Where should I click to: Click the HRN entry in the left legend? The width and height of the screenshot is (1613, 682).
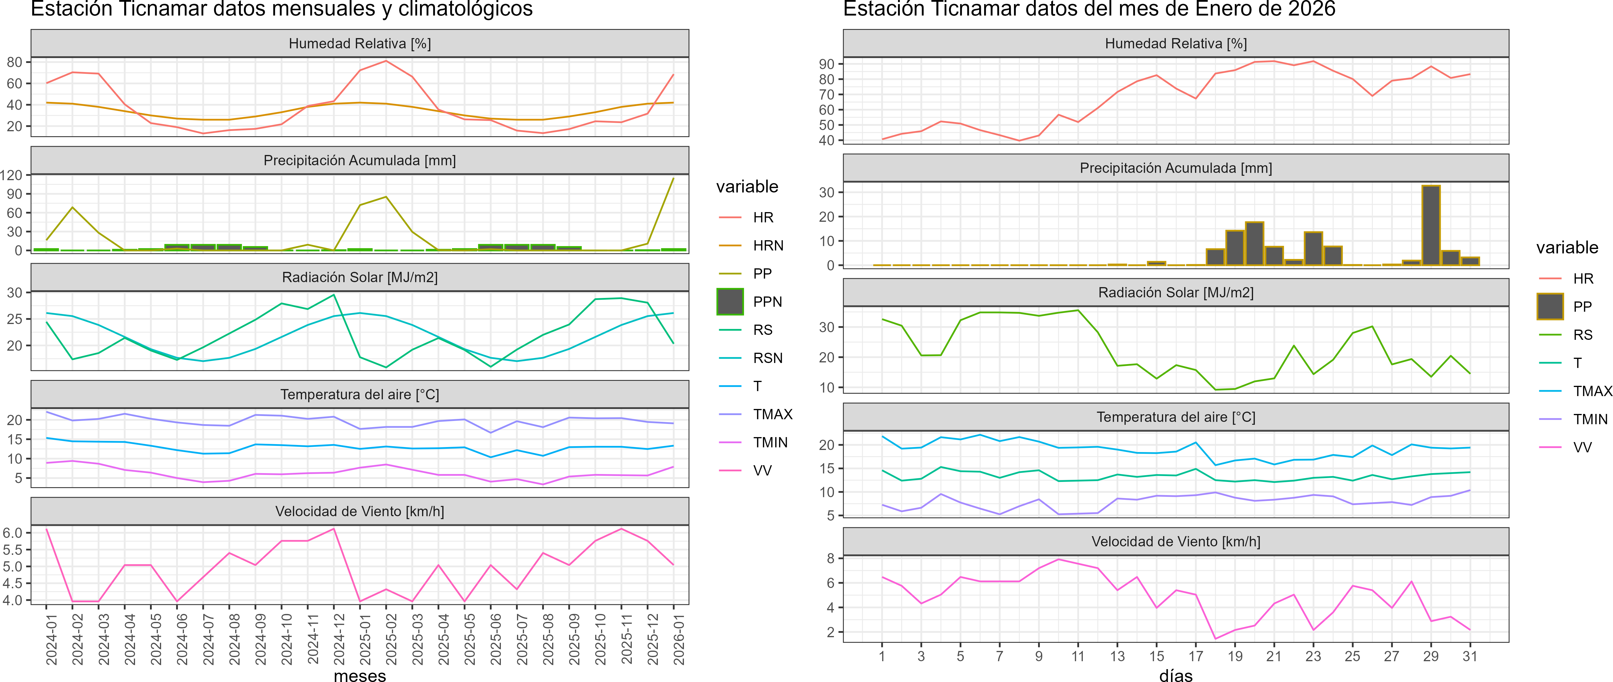[768, 245]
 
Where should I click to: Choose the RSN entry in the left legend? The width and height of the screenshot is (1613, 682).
[768, 358]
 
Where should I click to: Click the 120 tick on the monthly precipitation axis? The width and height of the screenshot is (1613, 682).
[11, 175]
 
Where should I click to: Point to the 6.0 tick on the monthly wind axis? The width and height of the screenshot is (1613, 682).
[13, 533]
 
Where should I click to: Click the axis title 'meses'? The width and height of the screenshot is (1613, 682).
[360, 675]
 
